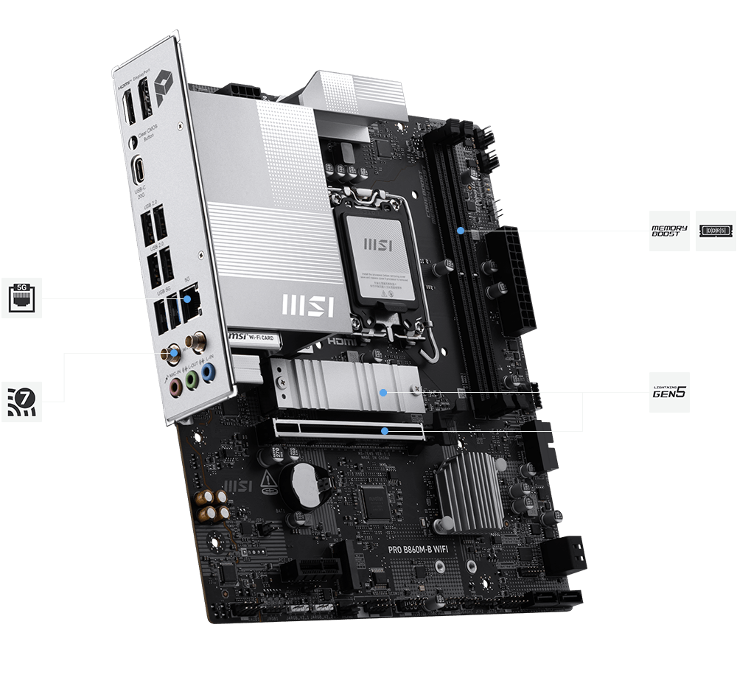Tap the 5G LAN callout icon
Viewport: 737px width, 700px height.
(x=21, y=298)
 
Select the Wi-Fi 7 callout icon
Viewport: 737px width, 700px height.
(x=21, y=402)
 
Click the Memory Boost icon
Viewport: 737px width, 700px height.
(x=669, y=231)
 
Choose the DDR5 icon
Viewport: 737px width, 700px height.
(x=715, y=231)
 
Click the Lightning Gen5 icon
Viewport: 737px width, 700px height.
(x=669, y=392)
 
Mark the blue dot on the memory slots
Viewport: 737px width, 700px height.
(x=460, y=231)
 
